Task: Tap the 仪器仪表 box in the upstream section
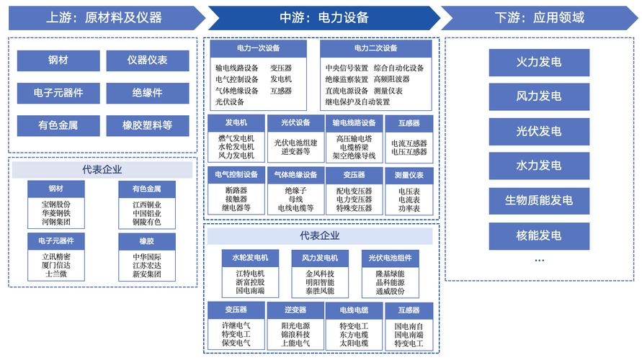(148, 60)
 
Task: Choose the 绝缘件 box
(148, 93)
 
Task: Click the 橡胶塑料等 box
(148, 125)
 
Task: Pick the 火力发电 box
(539, 62)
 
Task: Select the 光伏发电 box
(539, 131)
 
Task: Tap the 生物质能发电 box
(539, 200)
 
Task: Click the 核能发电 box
(539, 235)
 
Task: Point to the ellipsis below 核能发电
(539, 260)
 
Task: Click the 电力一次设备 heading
(258, 48)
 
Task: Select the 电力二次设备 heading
(375, 48)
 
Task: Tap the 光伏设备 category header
(296, 123)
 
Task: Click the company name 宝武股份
(56, 204)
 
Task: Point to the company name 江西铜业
(147, 204)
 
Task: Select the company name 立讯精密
(56, 256)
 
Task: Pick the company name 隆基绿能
(390, 274)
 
